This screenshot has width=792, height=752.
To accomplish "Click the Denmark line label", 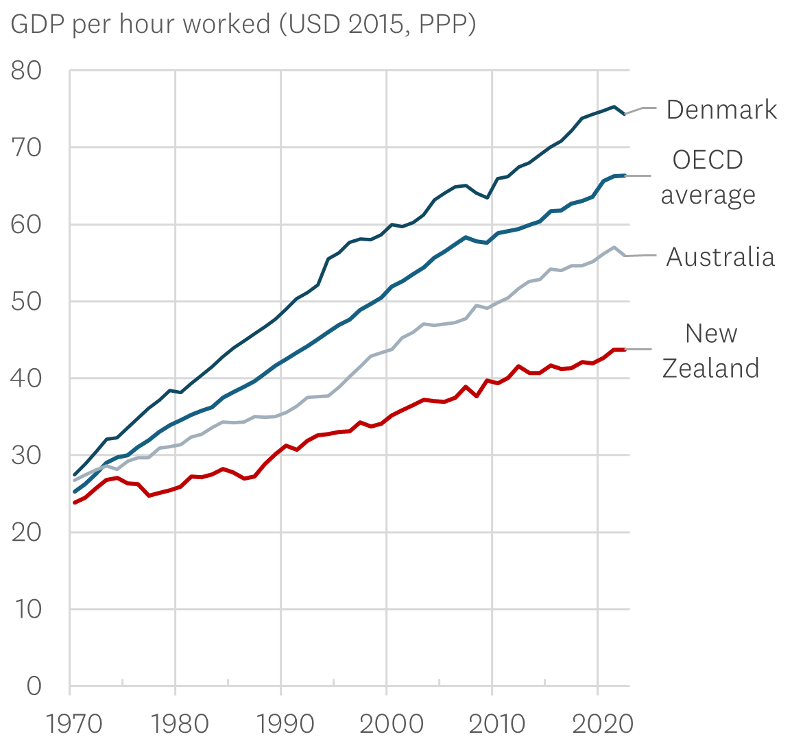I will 721,110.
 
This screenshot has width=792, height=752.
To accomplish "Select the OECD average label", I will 708,177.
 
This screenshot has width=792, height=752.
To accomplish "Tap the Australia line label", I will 720,257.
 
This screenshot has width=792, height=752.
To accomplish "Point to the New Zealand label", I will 710,350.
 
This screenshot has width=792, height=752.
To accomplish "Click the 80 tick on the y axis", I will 26,71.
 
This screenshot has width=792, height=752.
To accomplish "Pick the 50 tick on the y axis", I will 26,302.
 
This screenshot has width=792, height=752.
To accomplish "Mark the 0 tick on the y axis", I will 34,686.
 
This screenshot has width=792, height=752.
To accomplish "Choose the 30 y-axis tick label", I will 26,455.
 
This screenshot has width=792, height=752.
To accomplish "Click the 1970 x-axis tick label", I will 70,724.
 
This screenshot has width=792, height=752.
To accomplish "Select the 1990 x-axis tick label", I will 281,724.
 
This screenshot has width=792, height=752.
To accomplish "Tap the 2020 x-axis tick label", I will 597,724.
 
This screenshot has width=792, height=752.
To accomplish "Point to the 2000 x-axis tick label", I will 387,724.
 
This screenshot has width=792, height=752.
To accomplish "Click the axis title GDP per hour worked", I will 243,24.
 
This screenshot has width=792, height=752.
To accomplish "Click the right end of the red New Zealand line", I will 624,350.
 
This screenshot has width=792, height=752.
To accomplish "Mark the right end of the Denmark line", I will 624,114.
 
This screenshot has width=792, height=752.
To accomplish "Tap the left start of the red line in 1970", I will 75,502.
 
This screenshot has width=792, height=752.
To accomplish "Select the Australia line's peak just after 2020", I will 614,247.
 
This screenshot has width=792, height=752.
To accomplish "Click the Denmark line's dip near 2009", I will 487,197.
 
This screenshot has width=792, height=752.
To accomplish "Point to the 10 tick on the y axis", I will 26,609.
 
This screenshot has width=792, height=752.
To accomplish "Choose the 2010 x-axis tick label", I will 492,724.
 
